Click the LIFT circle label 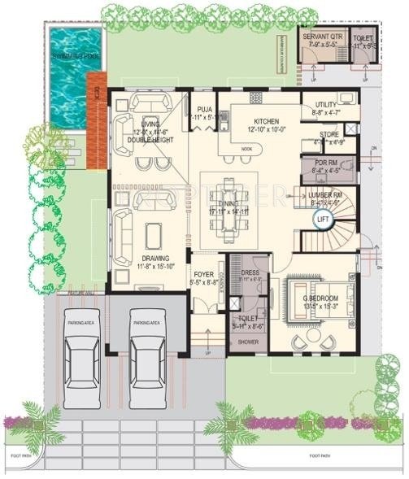[323, 219]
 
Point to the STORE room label [329, 135]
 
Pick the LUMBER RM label [325, 194]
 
